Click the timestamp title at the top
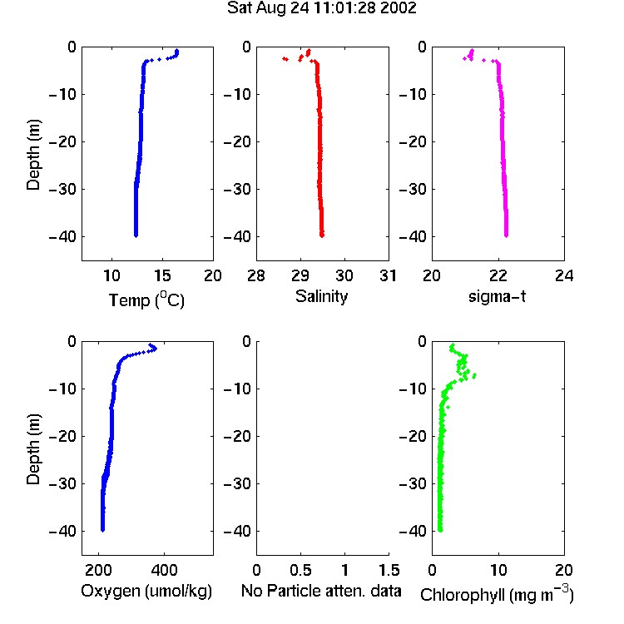[x=321, y=8]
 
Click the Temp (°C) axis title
[x=146, y=300]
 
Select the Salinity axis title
[x=321, y=296]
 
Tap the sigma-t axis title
[x=497, y=296]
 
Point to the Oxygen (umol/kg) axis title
[x=146, y=591]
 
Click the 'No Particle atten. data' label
[x=321, y=591]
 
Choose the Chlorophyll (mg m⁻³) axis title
[x=497, y=594]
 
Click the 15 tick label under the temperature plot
[x=162, y=275]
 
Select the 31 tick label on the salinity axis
[x=388, y=275]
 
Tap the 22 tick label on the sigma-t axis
[x=498, y=275]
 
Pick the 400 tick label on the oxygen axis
[x=164, y=570]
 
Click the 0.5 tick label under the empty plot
[x=300, y=570]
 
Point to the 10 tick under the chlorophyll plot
[x=498, y=570]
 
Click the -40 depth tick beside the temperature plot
[x=62, y=237]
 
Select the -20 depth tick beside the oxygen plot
[x=62, y=436]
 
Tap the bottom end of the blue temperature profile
[x=136, y=235]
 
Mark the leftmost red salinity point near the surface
[x=284, y=58]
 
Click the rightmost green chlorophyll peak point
[x=474, y=375]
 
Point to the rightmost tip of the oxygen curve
[x=156, y=349]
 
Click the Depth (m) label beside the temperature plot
[x=33, y=155]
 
